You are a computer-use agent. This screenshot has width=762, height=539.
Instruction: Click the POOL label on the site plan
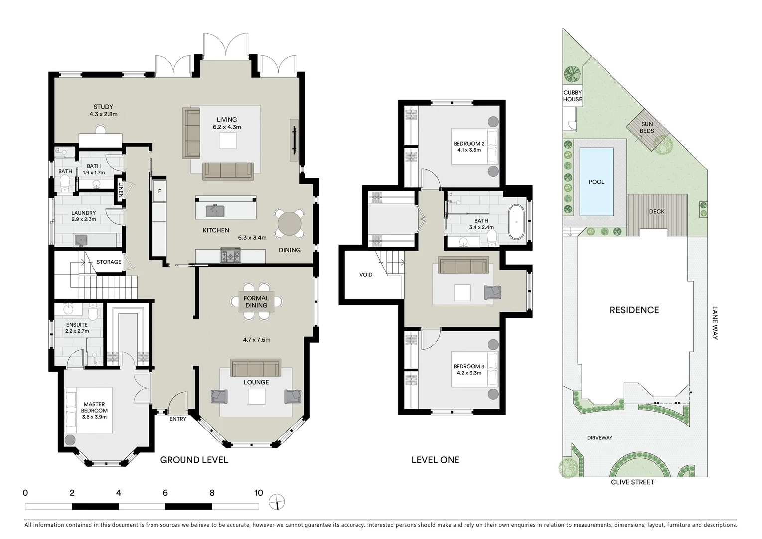pos(596,182)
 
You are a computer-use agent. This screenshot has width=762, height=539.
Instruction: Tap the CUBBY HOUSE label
pos(573,96)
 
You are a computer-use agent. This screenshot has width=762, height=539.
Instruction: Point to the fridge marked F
pos(159,191)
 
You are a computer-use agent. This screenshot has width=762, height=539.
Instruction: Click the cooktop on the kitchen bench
pos(230,256)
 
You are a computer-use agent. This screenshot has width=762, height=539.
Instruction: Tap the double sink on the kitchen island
pos(216,211)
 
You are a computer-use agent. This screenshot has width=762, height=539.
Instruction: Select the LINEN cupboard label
pos(121,189)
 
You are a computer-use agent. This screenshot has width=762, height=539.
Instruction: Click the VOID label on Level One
pos(366,275)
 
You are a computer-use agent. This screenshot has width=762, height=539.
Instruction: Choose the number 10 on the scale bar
pos(258,493)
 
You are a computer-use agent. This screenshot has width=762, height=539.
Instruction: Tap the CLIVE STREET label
pos(632,482)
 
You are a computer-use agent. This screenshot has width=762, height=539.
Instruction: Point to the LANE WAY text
pos(715,323)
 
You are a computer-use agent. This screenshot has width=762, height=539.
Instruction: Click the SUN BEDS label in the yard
pos(647,128)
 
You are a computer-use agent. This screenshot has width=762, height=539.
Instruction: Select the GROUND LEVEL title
pos(194,460)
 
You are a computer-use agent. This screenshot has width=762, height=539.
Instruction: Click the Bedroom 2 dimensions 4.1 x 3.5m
pos(469,150)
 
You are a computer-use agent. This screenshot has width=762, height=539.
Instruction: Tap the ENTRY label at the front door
pos(178,419)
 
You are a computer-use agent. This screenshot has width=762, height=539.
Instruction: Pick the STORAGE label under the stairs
pos(109,262)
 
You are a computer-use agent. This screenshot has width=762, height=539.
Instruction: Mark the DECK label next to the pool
pos(657,211)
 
